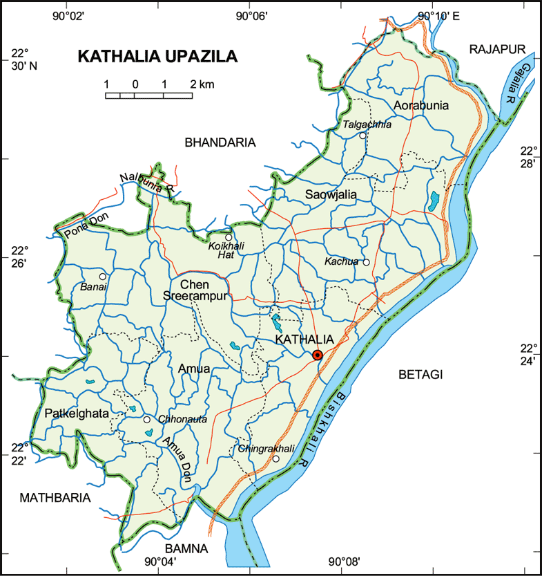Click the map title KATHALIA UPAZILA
point(157,57)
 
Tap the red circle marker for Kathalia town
point(318,355)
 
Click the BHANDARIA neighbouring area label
point(220,142)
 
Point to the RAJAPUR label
point(497,48)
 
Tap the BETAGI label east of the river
point(420,374)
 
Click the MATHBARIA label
point(55,497)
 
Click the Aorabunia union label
point(421,106)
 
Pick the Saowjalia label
point(331,196)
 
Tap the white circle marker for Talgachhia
point(362,136)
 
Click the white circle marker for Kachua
point(367,262)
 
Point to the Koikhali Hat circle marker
point(229,237)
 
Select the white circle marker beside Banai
point(102,276)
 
